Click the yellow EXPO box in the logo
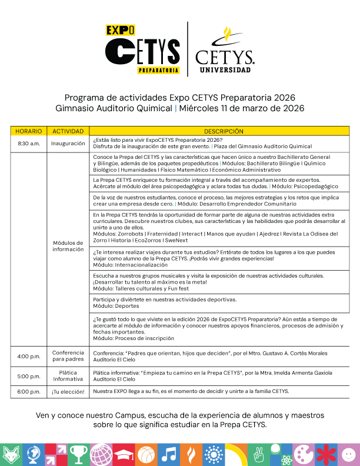pos(120,30)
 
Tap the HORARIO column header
pos(28,131)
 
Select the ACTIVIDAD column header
pos(68,131)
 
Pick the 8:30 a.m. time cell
pos(28,144)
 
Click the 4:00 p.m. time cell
pos(28,356)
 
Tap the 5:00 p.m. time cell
pos(28,376)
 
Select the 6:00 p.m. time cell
pos(28,391)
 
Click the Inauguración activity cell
pos(68,144)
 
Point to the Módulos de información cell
pos(68,245)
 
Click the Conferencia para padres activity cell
pos(68,356)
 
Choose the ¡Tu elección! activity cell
pos(68,391)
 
